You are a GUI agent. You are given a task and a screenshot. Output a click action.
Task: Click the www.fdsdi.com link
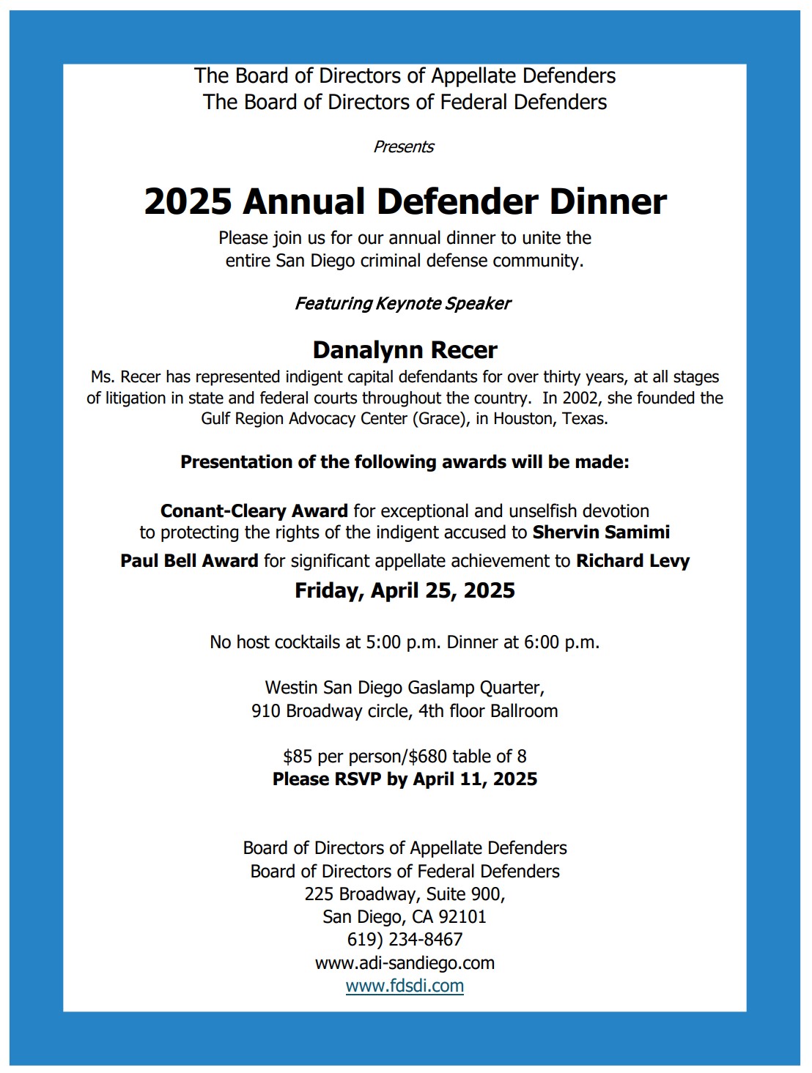click(x=405, y=986)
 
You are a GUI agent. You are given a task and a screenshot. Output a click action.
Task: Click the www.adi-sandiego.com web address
click(x=405, y=963)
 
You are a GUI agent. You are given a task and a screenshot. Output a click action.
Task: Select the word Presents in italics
click(x=404, y=146)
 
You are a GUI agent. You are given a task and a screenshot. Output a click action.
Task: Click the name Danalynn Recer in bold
click(x=405, y=350)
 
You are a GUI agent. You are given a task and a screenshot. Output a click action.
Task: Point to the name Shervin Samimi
click(x=601, y=532)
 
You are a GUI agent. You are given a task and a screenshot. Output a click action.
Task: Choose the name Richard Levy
click(x=632, y=561)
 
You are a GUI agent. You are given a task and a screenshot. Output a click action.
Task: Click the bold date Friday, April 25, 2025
click(x=405, y=590)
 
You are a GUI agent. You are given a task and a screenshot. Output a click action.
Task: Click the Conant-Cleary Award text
click(x=254, y=510)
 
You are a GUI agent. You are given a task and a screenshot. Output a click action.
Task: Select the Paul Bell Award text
click(x=189, y=561)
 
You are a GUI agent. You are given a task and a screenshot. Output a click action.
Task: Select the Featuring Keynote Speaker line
click(x=402, y=303)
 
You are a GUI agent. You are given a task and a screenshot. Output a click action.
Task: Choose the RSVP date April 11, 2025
click(x=475, y=779)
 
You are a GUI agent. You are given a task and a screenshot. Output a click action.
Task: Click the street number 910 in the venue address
click(x=266, y=711)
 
